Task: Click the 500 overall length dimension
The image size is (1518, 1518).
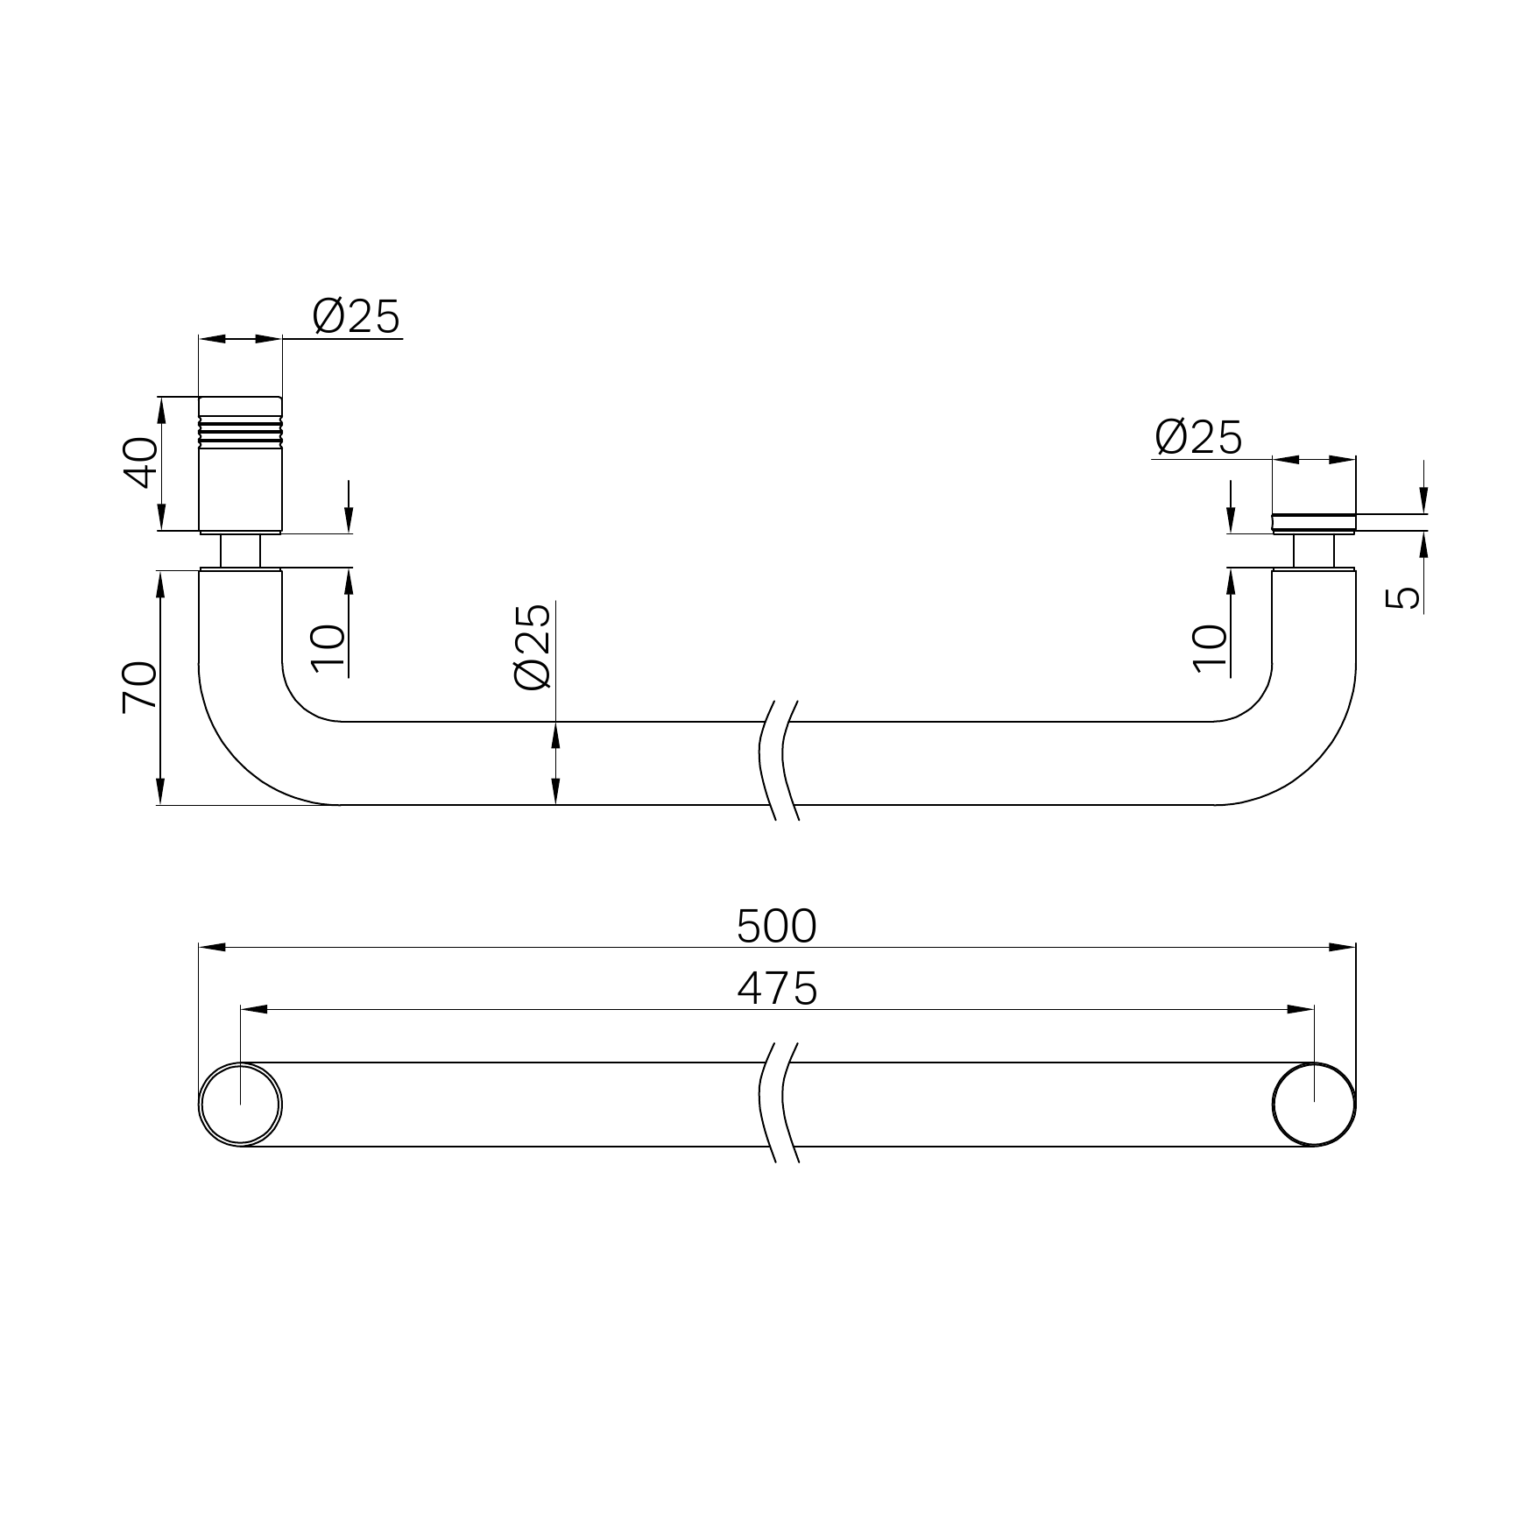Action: pyautogui.click(x=776, y=927)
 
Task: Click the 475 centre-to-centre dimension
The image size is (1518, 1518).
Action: pyautogui.click(x=776, y=989)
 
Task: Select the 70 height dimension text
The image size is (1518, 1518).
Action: pyautogui.click(x=139, y=687)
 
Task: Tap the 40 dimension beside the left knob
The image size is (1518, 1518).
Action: pyautogui.click(x=139, y=463)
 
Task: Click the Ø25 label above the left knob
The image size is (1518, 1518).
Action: pyautogui.click(x=357, y=316)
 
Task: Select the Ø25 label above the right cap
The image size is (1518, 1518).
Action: pyautogui.click(x=1198, y=437)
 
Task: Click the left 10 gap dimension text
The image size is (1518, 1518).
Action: pyautogui.click(x=328, y=648)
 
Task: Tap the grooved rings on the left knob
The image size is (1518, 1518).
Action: pyautogui.click(x=241, y=429)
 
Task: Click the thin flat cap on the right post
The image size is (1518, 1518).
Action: pyautogui.click(x=1313, y=523)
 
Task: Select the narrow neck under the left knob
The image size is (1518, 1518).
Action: pyautogui.click(x=240, y=551)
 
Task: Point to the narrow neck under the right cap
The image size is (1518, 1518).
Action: pyautogui.click(x=1313, y=551)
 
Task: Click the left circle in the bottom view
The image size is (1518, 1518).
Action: pyautogui.click(x=240, y=1105)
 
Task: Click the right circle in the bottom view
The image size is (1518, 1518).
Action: pyautogui.click(x=1313, y=1105)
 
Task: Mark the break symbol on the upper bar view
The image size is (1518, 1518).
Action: pyautogui.click(x=779, y=760)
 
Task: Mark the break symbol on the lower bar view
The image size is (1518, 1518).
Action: pyautogui.click(x=779, y=1103)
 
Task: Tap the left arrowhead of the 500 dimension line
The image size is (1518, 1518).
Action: pyautogui.click(x=212, y=947)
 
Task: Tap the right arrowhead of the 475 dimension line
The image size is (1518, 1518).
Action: pyautogui.click(x=1301, y=1009)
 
